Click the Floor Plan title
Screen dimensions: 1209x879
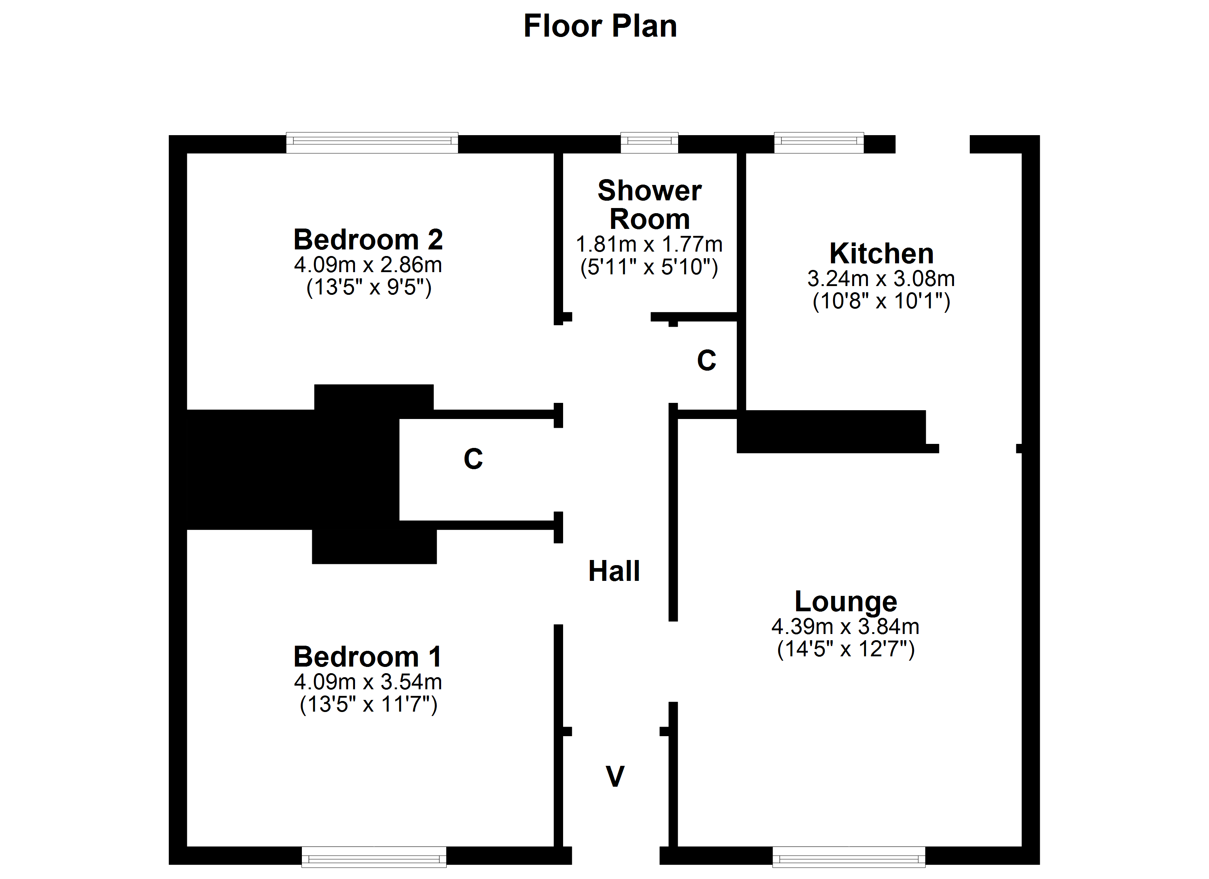(600, 26)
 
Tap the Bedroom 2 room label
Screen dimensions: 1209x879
(368, 239)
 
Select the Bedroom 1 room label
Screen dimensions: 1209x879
(368, 657)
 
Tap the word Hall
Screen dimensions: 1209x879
(614, 571)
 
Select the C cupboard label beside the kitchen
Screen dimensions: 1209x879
(707, 360)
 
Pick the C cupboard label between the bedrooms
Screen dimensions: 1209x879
(473, 459)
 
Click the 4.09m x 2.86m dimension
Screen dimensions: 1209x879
(368, 265)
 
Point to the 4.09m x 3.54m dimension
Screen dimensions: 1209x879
(368, 682)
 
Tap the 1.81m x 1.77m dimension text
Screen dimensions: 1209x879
(649, 245)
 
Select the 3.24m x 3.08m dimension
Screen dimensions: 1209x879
(881, 279)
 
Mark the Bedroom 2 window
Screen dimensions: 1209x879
(372, 143)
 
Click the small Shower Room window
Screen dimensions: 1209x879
(649, 143)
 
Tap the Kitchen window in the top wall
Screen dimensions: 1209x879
(819, 143)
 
